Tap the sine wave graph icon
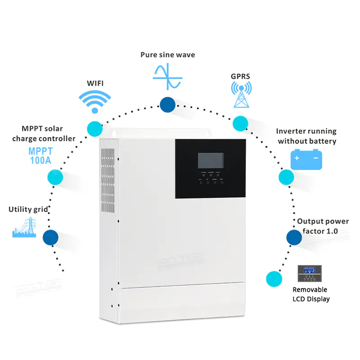point(167,77)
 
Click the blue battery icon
point(306,159)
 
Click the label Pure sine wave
point(167,54)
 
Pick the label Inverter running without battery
point(306,136)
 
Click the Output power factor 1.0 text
point(322,226)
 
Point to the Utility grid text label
point(28,209)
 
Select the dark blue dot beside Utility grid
point(50,236)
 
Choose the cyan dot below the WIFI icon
point(94,128)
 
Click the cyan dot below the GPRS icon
point(240,123)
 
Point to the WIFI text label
point(95,83)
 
